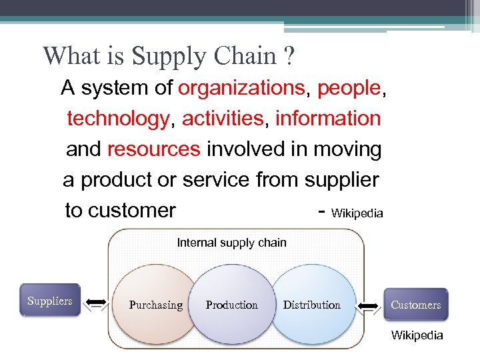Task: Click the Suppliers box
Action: (x=50, y=301)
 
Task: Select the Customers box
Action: (x=415, y=305)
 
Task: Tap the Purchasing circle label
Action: (x=155, y=305)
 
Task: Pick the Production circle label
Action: (x=231, y=305)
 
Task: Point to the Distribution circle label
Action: (x=311, y=305)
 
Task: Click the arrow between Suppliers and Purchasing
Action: (x=97, y=303)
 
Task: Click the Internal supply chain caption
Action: (x=231, y=243)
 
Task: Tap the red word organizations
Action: (x=241, y=88)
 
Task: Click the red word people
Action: (x=349, y=88)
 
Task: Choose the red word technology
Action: (x=118, y=119)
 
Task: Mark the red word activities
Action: (x=223, y=119)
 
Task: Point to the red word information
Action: (x=327, y=119)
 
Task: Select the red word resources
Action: (x=153, y=149)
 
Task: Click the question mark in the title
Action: (x=287, y=55)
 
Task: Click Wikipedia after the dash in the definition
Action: (x=357, y=213)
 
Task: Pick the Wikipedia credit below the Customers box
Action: (x=417, y=335)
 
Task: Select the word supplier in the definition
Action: (x=341, y=180)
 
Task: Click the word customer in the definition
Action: (x=131, y=211)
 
